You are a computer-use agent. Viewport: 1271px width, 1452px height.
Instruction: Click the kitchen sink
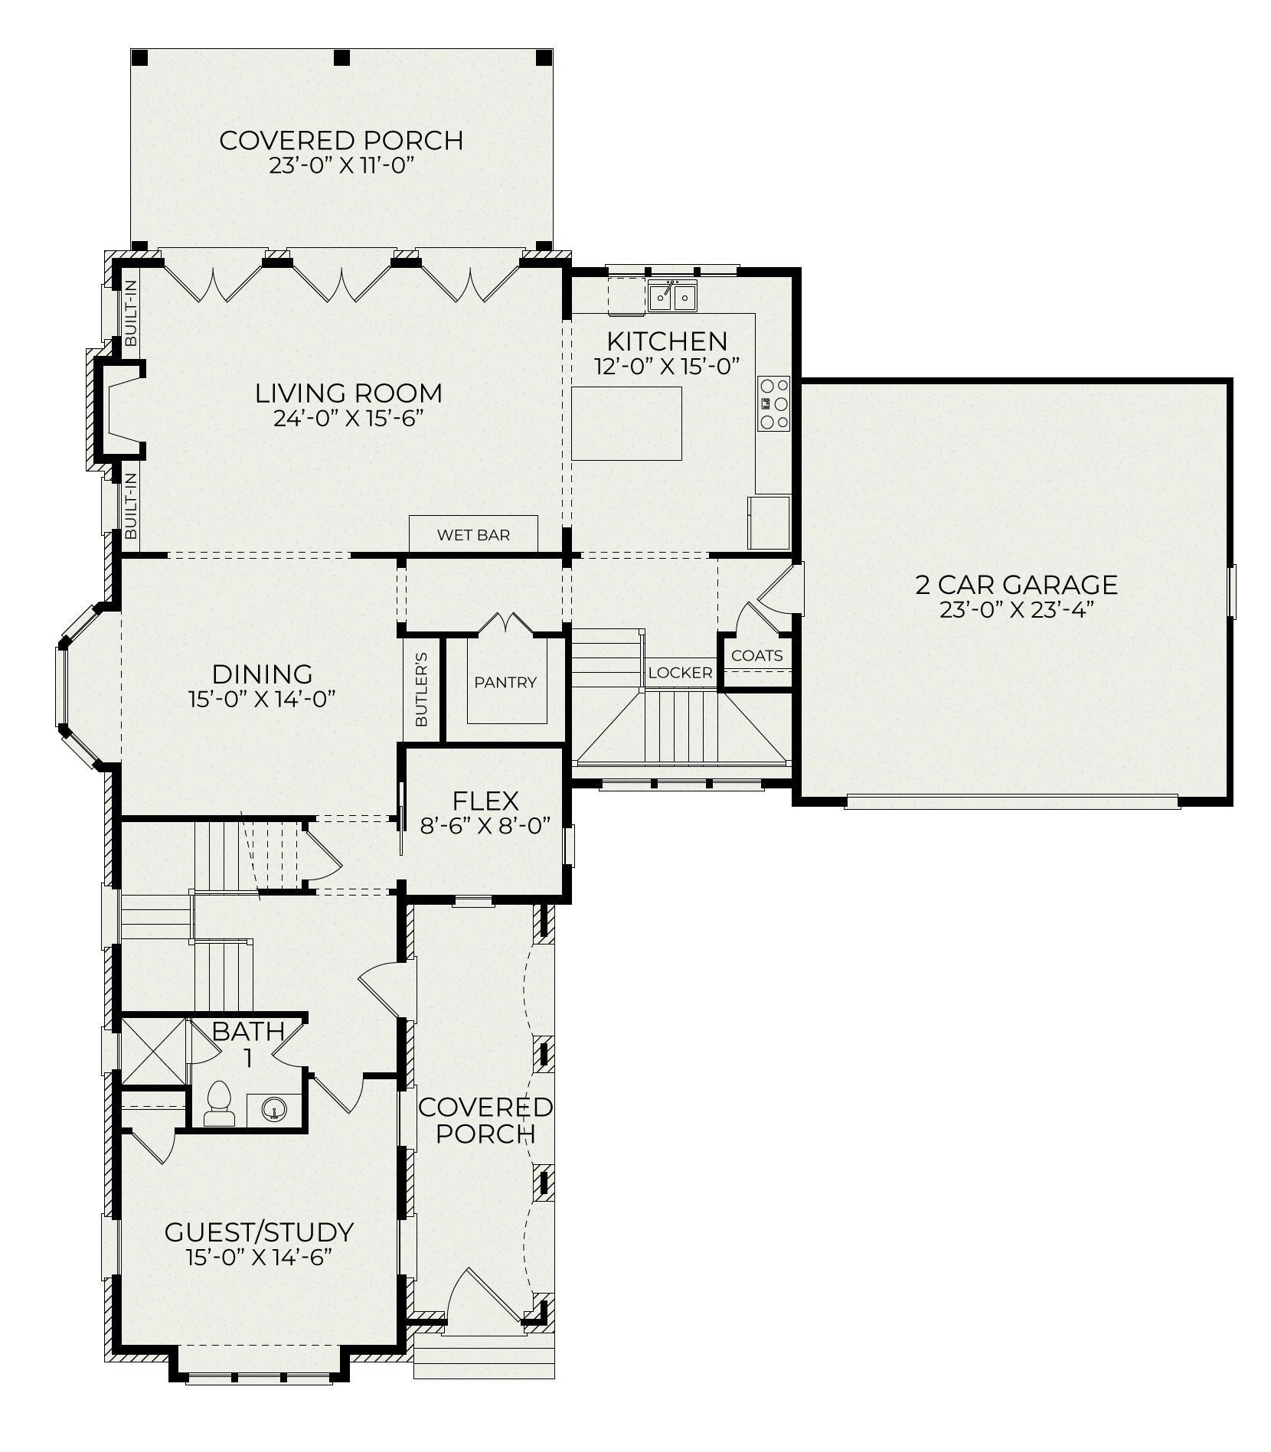point(672,295)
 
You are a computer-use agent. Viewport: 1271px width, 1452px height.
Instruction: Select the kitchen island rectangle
point(626,423)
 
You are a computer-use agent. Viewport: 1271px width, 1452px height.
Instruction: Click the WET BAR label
point(473,535)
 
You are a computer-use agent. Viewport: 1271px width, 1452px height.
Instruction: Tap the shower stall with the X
point(154,1051)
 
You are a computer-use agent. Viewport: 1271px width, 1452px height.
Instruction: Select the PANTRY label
point(505,682)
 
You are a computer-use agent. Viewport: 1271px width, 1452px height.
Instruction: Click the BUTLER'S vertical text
point(421,690)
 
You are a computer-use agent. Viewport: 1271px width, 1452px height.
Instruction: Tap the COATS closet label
point(756,655)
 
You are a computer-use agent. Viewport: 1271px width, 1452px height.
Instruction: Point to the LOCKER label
point(680,673)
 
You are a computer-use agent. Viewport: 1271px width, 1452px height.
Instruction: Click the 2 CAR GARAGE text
point(1016,585)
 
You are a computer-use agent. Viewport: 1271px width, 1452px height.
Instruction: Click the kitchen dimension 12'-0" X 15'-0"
point(667,366)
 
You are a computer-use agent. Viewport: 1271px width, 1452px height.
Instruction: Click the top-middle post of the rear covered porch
point(341,57)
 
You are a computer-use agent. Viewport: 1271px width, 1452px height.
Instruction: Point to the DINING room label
point(262,674)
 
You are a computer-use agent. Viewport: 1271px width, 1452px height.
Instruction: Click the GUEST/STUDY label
point(259,1232)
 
